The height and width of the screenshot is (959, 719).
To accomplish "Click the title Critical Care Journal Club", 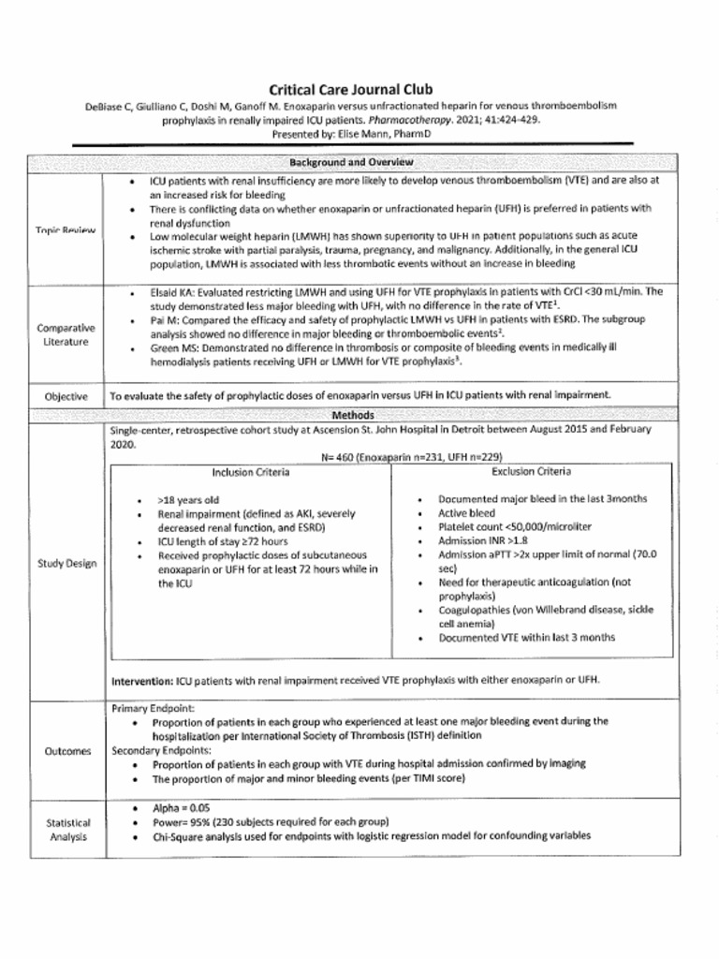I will (351, 90).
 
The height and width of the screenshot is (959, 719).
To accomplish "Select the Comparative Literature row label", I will (66, 335).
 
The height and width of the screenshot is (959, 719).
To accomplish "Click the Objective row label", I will (66, 396).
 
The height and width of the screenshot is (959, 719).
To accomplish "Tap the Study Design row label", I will (66, 564).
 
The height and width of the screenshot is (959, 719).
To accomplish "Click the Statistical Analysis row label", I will (67, 829).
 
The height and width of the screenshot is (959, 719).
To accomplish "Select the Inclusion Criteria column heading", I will (250, 472).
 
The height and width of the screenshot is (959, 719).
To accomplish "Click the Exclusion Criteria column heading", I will (531, 471).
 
